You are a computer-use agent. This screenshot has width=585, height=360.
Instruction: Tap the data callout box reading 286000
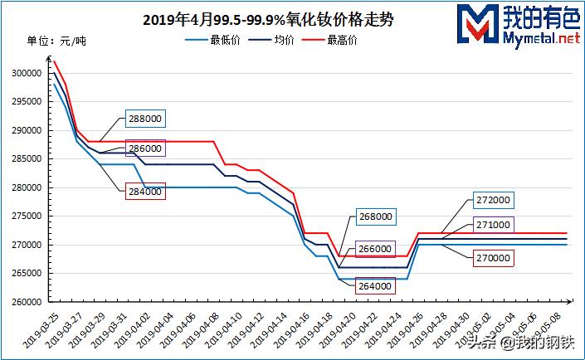coord(145,148)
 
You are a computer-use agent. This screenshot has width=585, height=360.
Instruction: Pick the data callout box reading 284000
coord(145,192)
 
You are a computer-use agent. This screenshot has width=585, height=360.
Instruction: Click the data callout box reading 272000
coord(492,201)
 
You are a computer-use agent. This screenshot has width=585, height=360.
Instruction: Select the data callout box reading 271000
coord(492,225)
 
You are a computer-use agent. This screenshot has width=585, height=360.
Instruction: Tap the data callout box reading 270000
coord(492,258)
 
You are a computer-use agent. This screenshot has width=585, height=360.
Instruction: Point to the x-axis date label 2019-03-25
coord(39,328)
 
